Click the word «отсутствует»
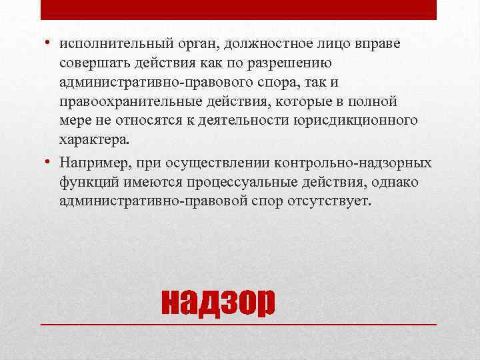[x=334, y=201]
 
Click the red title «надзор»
[x=218, y=304]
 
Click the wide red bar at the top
[x=239, y=9]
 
